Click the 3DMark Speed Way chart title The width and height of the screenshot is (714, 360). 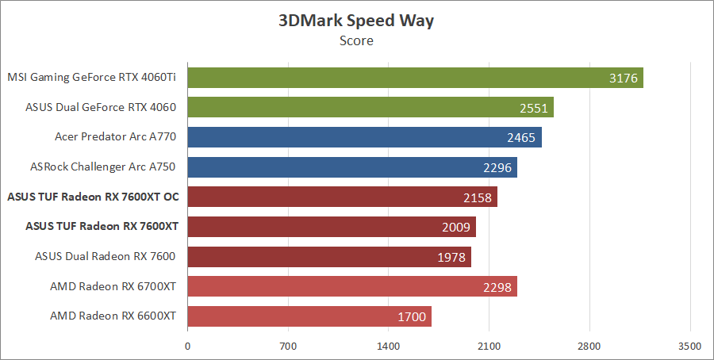(356, 21)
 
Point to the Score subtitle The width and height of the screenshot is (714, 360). (356, 40)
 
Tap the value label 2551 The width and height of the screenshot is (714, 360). (532, 108)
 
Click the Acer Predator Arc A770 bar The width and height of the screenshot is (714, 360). (364, 137)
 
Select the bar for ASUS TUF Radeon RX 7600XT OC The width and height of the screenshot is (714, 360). (342, 197)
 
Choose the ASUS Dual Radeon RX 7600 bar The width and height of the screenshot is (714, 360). (329, 256)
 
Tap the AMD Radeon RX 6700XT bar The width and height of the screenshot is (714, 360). (352, 286)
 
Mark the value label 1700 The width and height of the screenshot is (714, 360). (411, 316)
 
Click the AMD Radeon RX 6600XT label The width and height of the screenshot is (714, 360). (113, 316)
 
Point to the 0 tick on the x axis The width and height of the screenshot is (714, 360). (187, 346)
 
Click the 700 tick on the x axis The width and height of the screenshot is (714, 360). (288, 346)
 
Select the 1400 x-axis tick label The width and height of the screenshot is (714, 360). (389, 346)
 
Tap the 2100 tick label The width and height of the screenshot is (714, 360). (489, 346)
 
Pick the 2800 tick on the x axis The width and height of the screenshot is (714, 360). (589, 346)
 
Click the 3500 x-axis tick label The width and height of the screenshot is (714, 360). (690, 346)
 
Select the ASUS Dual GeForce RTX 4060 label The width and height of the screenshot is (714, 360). (100, 107)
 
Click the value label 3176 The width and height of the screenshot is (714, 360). (623, 78)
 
